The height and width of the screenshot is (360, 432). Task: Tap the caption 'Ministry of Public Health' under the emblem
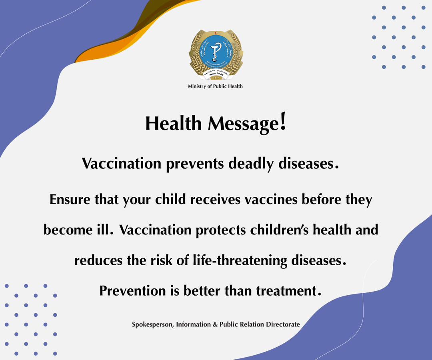215,86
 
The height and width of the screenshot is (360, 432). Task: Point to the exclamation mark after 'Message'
283,122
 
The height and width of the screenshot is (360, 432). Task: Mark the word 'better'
202,291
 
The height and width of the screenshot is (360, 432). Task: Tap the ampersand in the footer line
215,324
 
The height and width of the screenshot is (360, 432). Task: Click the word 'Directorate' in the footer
283,324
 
